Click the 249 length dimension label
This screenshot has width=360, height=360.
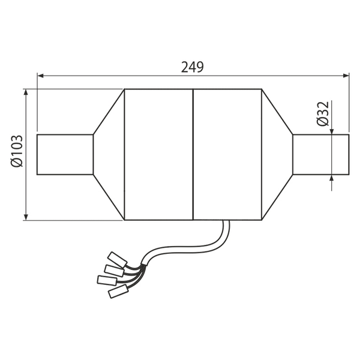(193, 67)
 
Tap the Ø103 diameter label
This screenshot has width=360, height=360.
(17, 151)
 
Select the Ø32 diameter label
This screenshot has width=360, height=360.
(323, 113)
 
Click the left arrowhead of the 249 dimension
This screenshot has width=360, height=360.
(40, 76)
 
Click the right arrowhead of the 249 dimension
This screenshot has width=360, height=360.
(346, 76)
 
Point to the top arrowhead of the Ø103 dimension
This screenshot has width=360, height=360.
(26, 92)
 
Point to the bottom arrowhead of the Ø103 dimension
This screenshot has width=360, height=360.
(26, 217)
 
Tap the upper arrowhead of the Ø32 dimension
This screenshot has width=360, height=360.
(332, 131)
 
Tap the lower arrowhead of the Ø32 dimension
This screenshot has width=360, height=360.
(332, 178)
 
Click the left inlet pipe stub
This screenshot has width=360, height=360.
(65, 155)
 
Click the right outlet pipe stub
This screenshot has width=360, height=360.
(321, 155)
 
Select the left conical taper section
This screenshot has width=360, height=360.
(109, 155)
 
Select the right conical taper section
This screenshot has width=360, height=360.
(277, 155)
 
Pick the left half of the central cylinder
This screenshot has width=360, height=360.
(158, 155)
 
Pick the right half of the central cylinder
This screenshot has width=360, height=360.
(227, 155)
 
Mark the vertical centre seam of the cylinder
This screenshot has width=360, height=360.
(193, 155)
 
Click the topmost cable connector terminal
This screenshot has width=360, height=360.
(118, 260)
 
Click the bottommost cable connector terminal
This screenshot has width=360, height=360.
(118, 292)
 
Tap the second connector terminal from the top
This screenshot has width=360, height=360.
(115, 271)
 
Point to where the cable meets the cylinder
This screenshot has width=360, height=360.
(226, 221)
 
